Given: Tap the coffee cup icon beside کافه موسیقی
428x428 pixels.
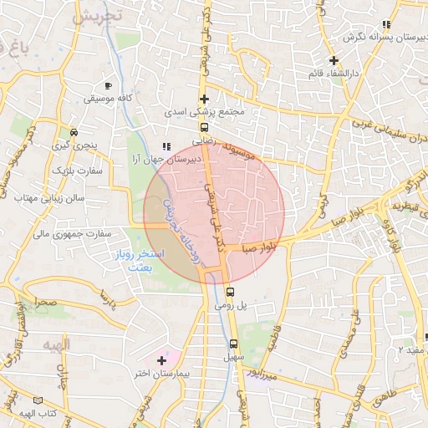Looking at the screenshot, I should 107,85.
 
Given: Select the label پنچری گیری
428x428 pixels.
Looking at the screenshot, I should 74,145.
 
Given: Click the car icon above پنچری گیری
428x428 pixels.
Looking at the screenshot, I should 74,132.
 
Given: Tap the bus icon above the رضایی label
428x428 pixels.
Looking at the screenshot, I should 204,128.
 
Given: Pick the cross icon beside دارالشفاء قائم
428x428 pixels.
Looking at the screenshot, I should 334,60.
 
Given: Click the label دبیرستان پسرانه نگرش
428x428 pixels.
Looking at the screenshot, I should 375,38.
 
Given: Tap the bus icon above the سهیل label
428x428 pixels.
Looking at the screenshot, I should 232,343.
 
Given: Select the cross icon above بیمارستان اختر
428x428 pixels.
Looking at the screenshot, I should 161,360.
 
